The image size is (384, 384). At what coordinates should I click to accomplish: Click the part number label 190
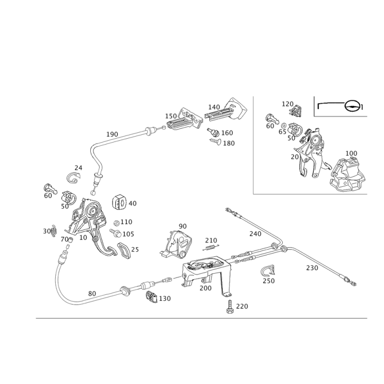click(112, 134)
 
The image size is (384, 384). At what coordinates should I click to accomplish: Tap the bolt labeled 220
click(230, 307)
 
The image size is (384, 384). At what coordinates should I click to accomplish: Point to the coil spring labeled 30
click(54, 231)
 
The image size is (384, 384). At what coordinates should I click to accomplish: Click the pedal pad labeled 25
click(124, 251)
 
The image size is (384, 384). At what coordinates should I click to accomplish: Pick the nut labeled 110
click(117, 223)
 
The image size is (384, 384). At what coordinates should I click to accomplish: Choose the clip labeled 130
click(152, 297)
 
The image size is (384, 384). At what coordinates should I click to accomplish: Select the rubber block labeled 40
click(119, 202)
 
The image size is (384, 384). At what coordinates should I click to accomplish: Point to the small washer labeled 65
click(283, 125)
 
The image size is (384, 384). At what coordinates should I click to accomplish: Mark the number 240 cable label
click(255, 234)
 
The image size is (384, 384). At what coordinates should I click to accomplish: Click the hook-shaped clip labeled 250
click(268, 270)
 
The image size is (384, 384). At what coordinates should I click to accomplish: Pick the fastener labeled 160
click(213, 132)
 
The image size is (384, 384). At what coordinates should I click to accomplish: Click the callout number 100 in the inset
click(351, 153)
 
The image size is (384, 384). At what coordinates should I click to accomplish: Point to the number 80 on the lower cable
click(92, 293)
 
